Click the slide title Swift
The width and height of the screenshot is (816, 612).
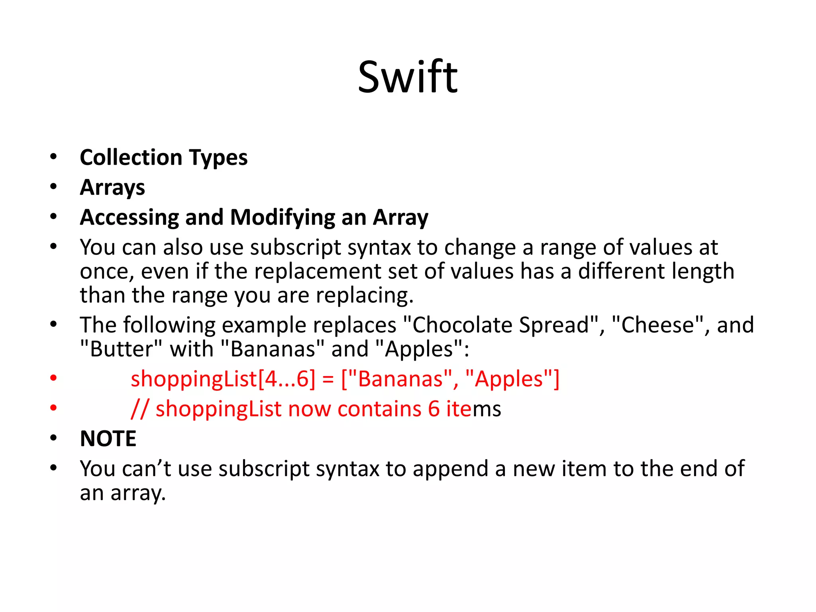point(408,76)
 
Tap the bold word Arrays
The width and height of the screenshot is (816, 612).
point(112,187)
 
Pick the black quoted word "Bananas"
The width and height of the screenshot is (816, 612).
point(273,349)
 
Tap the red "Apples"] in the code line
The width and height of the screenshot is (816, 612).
point(512,379)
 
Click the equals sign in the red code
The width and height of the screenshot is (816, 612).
point(328,379)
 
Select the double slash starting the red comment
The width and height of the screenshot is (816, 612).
point(140,409)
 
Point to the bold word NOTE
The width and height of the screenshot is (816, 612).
point(108,439)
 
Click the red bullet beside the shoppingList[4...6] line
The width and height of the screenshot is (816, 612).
point(53,377)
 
